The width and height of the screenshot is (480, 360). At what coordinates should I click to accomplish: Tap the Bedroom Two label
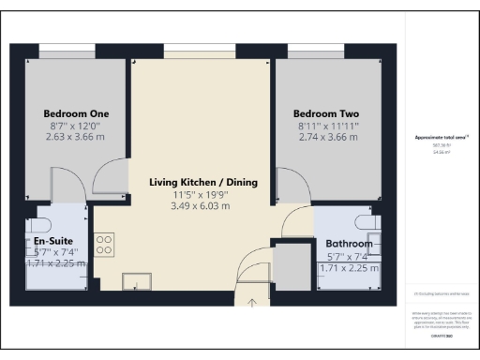click(x=328, y=115)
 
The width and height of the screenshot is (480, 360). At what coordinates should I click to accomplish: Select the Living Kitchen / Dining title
click(x=203, y=181)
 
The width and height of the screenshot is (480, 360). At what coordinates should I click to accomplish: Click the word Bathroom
click(x=349, y=244)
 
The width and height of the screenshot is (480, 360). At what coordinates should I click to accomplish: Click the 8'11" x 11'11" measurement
click(x=328, y=127)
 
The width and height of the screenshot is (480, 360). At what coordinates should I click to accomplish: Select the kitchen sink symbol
click(x=136, y=281)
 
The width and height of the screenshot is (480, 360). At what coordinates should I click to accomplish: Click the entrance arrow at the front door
click(x=252, y=302)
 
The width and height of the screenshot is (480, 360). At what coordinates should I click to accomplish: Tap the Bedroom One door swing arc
click(x=110, y=173)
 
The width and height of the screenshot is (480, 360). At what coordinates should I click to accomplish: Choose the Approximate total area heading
click(x=441, y=138)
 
